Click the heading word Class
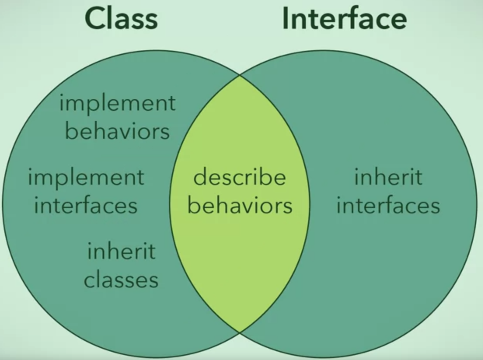121,18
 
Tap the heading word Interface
344,18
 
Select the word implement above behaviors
117,104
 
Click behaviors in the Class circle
117,131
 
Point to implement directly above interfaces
86,178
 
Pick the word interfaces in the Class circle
86,205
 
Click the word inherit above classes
121,251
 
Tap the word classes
121,280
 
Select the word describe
240,178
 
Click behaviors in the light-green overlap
240,205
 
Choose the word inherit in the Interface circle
388,178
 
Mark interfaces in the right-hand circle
388,205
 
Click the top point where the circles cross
240,75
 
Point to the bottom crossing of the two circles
240,333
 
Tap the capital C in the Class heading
96,18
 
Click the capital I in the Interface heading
286,18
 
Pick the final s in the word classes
154,280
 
